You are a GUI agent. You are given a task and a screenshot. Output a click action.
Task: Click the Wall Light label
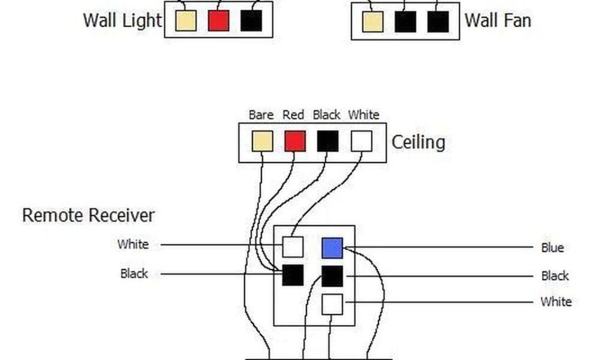tap(122, 20)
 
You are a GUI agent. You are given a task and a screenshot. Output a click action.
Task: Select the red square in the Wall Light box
tap(219, 21)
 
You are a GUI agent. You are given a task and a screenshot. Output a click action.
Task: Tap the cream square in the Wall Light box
tap(186, 21)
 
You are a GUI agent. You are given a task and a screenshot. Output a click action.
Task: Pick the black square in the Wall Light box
tap(251, 21)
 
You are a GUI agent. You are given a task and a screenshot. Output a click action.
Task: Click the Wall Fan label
tap(498, 20)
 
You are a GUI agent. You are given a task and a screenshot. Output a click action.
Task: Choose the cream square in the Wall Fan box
tap(372, 22)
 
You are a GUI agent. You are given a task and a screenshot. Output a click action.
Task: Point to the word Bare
tap(261, 115)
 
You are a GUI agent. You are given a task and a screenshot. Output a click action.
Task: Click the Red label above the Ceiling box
tap(293, 115)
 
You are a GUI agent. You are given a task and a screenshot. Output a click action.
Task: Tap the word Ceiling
tap(418, 142)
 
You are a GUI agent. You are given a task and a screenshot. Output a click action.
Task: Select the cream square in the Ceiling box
tap(262, 142)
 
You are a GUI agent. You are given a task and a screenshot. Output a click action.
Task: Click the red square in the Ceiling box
tap(294, 142)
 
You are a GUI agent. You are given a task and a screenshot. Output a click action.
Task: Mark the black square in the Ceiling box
tap(327, 142)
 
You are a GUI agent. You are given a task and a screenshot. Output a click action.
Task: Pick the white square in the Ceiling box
tap(361, 142)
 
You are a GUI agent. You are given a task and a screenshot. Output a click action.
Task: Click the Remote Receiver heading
tap(88, 215)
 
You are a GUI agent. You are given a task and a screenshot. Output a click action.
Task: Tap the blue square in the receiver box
tap(332, 248)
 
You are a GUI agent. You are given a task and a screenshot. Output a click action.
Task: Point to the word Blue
tap(552, 248)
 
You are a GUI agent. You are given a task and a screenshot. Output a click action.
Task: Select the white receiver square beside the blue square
tap(293, 247)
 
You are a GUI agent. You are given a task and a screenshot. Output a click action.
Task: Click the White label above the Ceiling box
tap(363, 115)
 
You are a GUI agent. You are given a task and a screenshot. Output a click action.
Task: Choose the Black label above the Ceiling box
tap(326, 115)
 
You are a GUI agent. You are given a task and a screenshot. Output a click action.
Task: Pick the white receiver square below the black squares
tap(332, 304)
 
